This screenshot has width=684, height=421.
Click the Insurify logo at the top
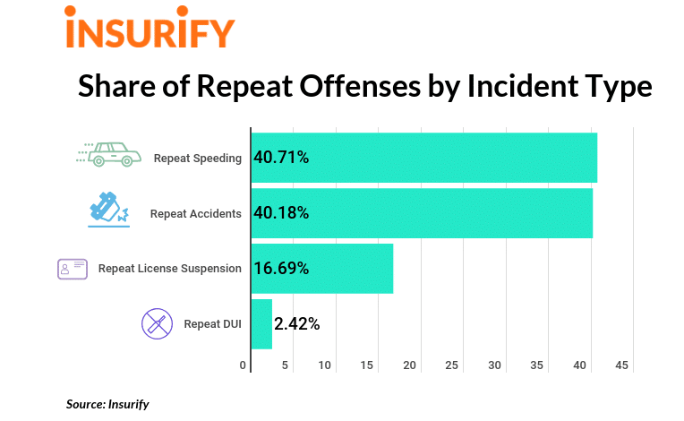pos(150,30)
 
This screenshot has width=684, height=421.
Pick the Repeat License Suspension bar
pos(358,268)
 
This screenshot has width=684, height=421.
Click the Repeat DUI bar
pos(261,323)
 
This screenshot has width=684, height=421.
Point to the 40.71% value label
pos(281,158)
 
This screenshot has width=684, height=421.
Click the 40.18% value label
pos(281,213)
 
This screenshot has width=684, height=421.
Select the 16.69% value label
pos(281,268)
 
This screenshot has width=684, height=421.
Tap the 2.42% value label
pos(297,323)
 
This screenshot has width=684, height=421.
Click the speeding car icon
pos(108,154)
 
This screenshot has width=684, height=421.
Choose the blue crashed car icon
pos(108,209)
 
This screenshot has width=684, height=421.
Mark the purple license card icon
pos(73,268)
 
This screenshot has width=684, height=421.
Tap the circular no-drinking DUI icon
pos(157,322)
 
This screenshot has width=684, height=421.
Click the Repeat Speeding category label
pos(197,159)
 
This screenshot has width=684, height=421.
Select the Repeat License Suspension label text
pos(169,268)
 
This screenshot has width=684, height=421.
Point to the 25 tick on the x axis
pos(452,365)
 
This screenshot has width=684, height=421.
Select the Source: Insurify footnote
pos(107,404)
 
